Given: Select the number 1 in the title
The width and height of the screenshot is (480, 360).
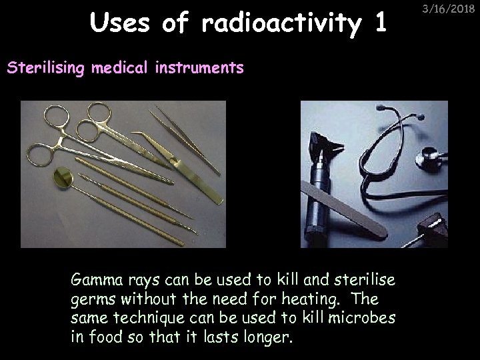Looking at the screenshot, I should [x=380, y=24].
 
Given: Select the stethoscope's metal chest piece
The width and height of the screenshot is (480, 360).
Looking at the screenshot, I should [x=427, y=161].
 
